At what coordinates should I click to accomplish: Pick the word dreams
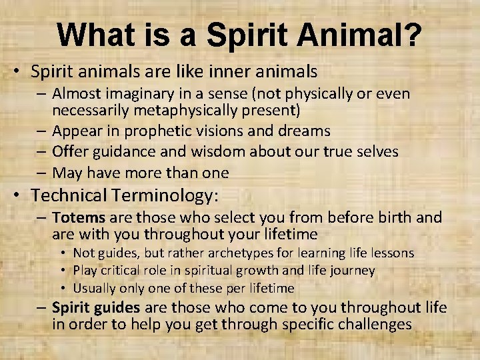304,131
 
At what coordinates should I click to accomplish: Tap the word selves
373,152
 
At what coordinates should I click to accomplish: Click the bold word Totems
75,217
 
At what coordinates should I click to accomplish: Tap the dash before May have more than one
43,173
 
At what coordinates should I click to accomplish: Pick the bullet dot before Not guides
62,253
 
